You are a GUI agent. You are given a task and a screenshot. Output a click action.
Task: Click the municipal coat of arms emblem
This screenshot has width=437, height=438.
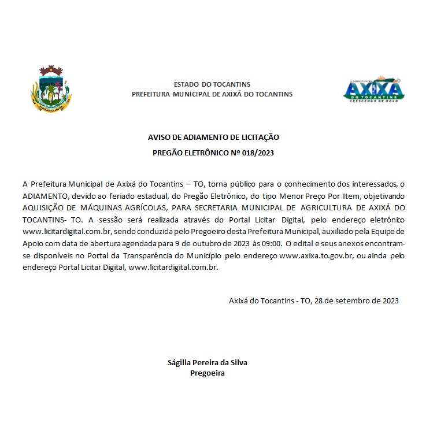pyautogui.click(x=51, y=89)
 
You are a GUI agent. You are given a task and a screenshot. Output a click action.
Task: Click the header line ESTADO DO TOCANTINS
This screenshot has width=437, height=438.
pyautogui.click(x=212, y=84)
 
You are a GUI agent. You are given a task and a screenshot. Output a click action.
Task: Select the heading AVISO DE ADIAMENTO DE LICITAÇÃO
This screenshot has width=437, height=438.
pyautogui.click(x=214, y=138)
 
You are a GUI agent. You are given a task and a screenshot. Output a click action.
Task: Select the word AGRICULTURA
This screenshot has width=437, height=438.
pyautogui.click(x=335, y=207)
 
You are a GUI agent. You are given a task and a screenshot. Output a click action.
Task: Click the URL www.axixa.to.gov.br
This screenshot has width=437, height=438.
pyautogui.click(x=316, y=256)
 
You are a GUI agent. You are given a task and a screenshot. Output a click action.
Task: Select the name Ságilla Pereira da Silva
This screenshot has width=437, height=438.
pyautogui.click(x=207, y=363)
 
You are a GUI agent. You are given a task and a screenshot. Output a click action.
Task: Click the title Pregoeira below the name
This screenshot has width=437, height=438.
pyautogui.click(x=207, y=373)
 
